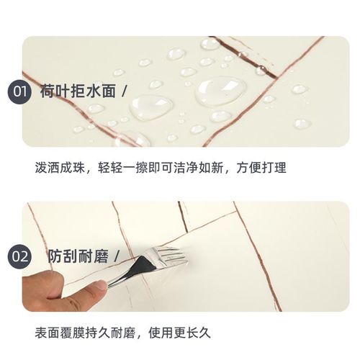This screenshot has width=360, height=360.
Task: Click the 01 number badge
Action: (x=19, y=91)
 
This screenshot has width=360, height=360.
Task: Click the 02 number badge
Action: (x=19, y=256)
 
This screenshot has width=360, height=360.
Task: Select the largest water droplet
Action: (x=220, y=91)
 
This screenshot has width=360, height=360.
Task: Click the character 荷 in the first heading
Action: (x=48, y=91)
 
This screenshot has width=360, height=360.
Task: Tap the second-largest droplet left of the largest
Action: (x=150, y=107)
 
